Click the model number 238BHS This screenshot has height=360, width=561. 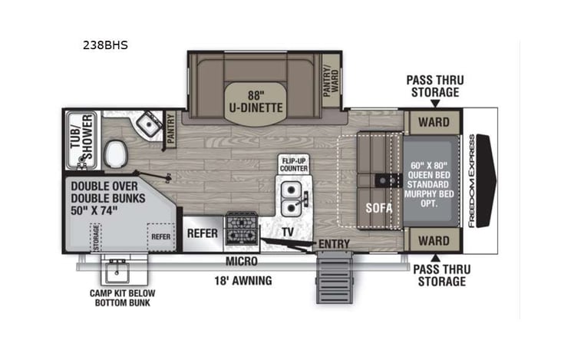(106, 45)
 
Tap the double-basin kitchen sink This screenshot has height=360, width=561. (292, 197)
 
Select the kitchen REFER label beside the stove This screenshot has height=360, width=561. (202, 233)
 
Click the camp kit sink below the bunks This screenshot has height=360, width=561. (117, 271)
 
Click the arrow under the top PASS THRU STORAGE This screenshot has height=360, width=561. (434, 104)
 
